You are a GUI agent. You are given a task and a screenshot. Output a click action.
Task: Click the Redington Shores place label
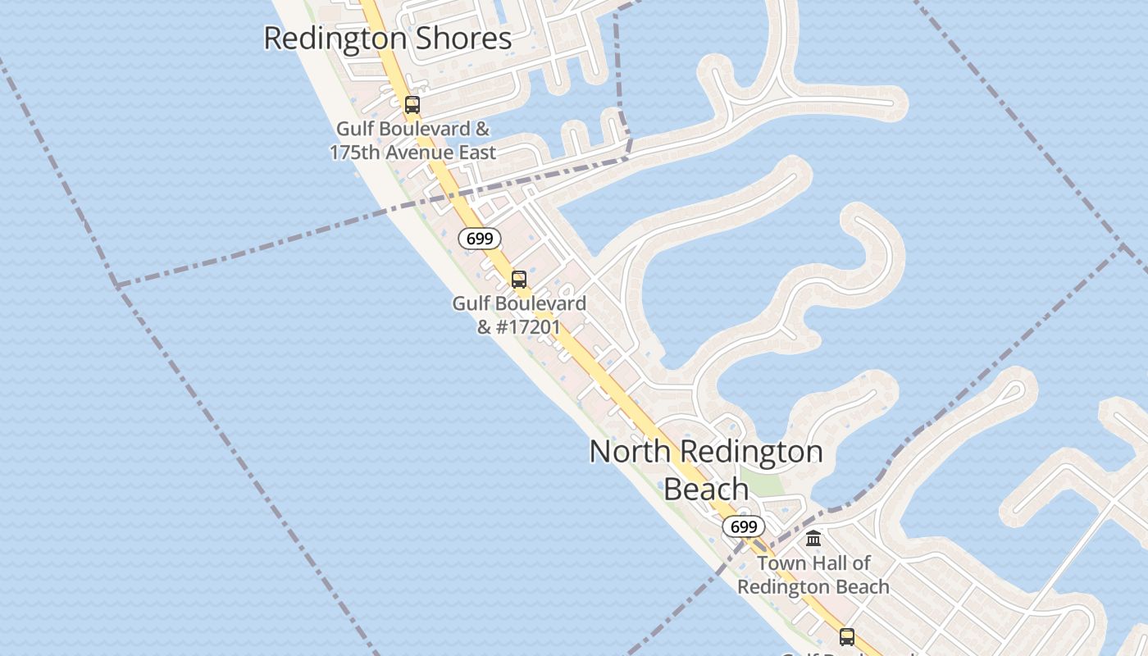point(387,39)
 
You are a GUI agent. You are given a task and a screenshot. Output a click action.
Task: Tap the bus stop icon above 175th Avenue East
point(412,105)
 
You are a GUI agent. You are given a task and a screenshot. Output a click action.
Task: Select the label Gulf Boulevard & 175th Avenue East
point(412,140)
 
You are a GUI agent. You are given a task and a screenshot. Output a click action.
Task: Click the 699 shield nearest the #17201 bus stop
point(479,239)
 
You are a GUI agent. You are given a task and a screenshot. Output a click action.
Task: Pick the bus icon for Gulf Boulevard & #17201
point(519,280)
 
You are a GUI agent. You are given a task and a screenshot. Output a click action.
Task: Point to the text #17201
point(529,327)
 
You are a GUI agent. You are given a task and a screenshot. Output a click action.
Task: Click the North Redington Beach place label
point(706,470)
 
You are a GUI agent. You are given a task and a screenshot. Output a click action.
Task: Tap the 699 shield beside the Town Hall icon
point(743,526)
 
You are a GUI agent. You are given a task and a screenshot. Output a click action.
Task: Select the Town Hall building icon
point(813,539)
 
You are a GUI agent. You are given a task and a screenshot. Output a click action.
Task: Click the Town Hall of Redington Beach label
point(813,575)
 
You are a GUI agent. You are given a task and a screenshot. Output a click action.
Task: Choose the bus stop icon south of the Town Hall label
point(847,637)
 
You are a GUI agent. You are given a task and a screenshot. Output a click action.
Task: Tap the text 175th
point(358,153)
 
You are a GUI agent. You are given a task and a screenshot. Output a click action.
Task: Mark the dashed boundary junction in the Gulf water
point(116,285)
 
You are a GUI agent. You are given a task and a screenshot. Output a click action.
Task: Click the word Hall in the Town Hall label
point(829,563)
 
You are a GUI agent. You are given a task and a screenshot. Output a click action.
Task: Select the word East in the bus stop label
point(474,153)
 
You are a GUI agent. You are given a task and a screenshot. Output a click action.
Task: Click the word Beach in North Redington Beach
point(706,489)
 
